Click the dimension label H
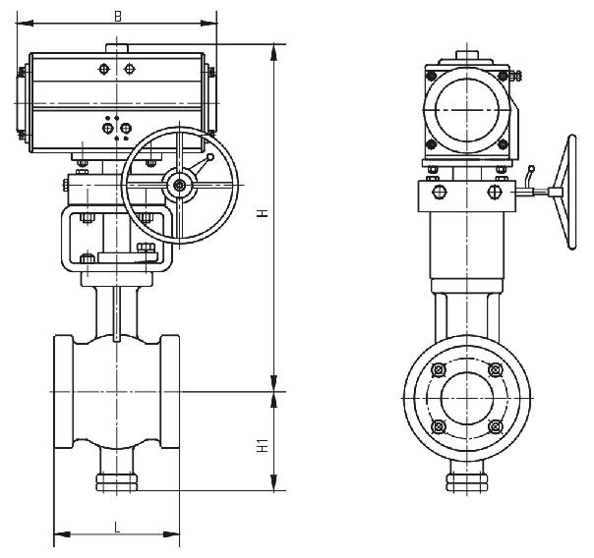(x=264, y=214)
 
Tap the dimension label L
(x=117, y=528)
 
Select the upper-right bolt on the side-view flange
(x=495, y=371)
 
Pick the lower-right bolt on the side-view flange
(x=495, y=426)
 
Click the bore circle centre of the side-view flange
(x=466, y=399)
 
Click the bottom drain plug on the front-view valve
(x=116, y=481)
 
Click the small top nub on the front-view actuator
(x=117, y=48)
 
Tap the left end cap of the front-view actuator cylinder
(x=23, y=103)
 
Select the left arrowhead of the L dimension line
(x=57, y=535)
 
